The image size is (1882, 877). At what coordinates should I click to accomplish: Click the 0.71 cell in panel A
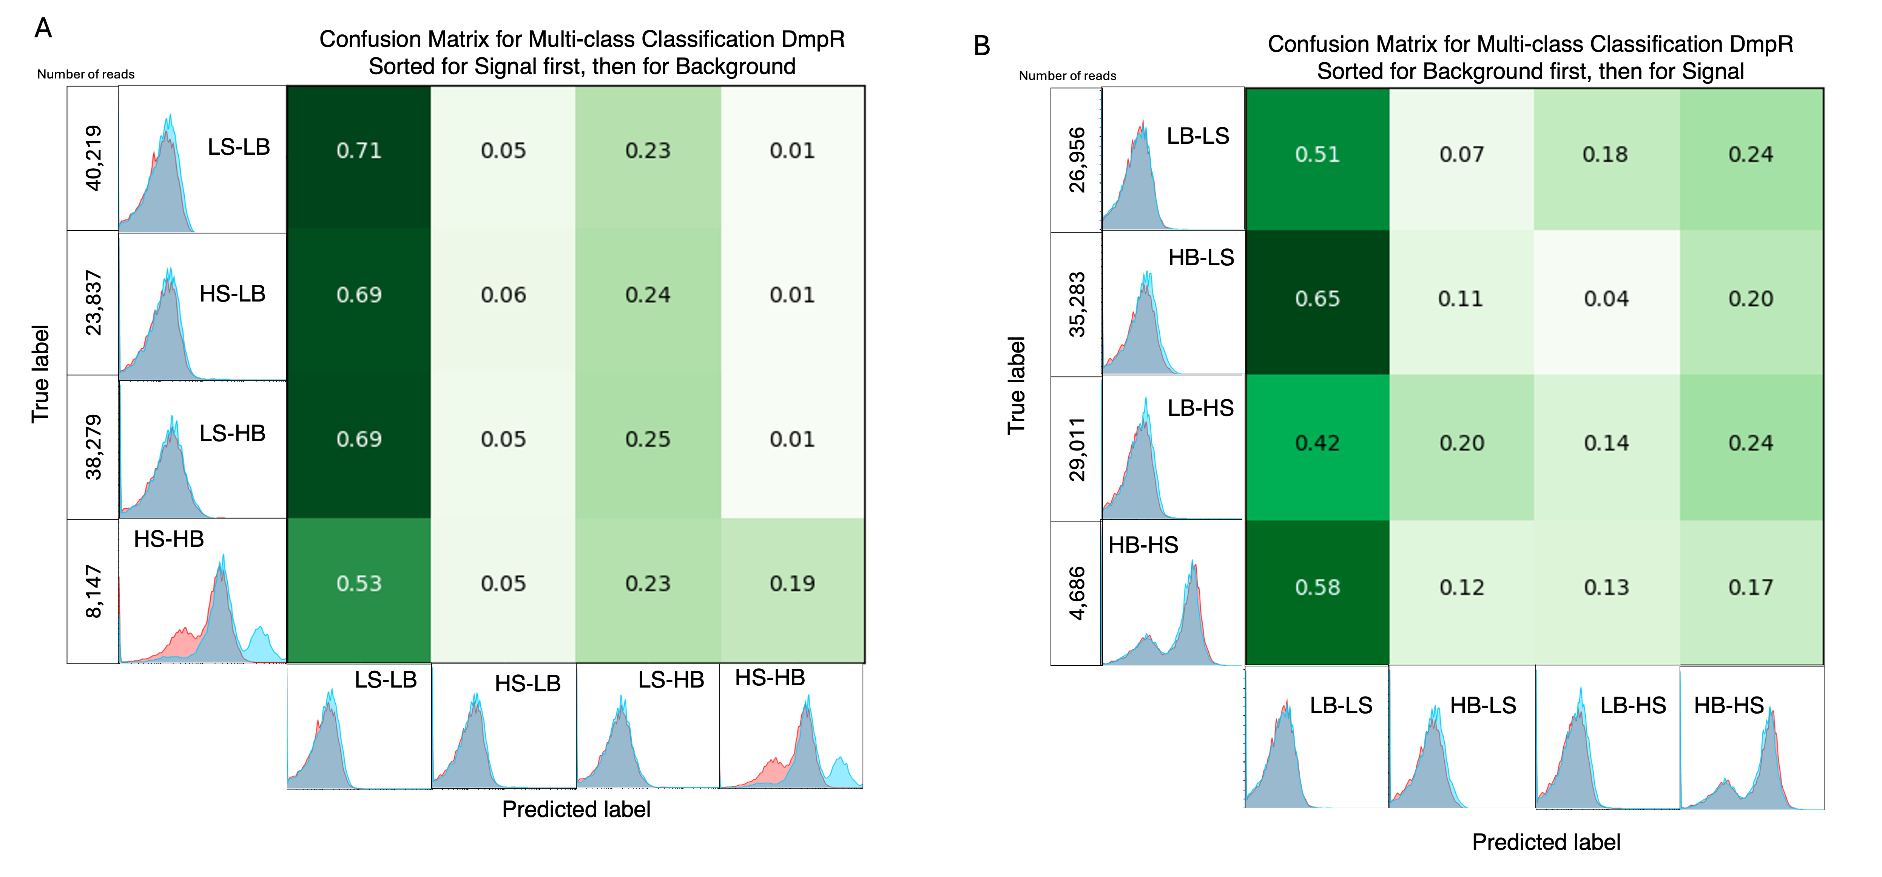pyautogui.click(x=359, y=151)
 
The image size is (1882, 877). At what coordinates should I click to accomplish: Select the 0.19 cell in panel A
pyautogui.click(x=792, y=583)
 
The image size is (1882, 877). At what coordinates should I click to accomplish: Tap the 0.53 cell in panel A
pyautogui.click(x=359, y=583)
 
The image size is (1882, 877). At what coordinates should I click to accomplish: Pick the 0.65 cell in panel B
pyautogui.click(x=1317, y=298)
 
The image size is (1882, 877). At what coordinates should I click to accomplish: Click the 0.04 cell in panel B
pyautogui.click(x=1606, y=298)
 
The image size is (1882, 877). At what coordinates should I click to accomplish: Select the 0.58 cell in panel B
pyautogui.click(x=1317, y=587)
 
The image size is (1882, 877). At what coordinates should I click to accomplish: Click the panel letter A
pyautogui.click(x=43, y=28)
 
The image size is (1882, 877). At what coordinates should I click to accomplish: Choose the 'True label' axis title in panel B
pyautogui.click(x=1016, y=386)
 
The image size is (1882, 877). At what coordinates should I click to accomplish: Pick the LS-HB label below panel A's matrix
pyautogui.click(x=671, y=680)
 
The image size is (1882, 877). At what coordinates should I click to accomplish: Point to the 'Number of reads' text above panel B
pyautogui.click(x=1067, y=76)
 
